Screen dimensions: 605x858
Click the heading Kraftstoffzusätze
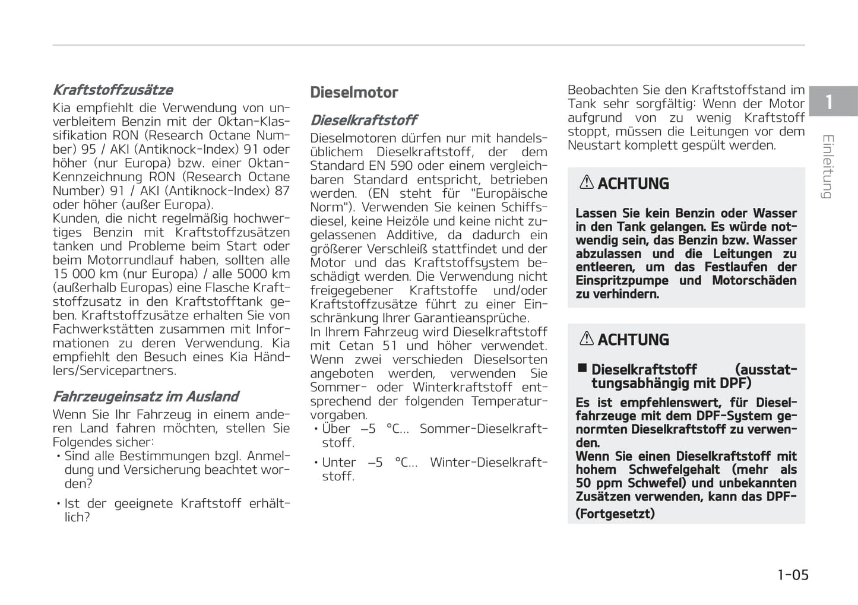tap(113, 90)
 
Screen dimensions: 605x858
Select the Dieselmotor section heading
tap(354, 93)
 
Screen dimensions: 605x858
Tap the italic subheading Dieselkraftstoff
tap(363, 120)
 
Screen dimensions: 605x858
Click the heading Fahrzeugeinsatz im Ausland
tap(145, 397)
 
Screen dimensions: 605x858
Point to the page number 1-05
tap(793, 575)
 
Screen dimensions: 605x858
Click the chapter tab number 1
tap(829, 102)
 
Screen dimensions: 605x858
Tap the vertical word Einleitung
tap(828, 167)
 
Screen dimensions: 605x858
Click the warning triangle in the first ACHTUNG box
tap(587, 183)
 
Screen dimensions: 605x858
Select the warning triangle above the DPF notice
tap(587, 339)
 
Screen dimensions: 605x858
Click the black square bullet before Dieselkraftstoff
tap(582, 369)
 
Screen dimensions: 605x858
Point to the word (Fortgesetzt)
tap(615, 514)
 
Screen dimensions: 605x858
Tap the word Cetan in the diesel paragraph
tap(356, 346)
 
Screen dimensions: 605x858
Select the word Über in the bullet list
tap(336, 429)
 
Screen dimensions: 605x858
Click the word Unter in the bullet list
tap(339, 462)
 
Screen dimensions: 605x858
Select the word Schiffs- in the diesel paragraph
tap(524, 207)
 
